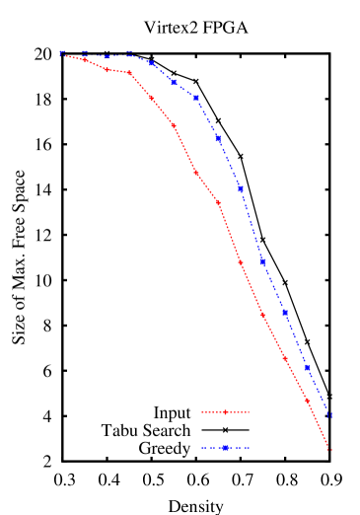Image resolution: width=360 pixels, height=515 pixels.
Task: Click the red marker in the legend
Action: coord(226,411)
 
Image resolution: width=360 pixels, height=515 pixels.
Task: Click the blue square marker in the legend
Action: coord(226,448)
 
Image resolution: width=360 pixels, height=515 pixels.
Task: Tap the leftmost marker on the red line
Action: coord(63,55)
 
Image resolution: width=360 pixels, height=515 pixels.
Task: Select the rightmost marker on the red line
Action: coord(329,449)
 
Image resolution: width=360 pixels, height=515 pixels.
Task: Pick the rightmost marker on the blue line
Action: coord(329,414)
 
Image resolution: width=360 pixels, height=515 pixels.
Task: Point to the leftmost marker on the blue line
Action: coord(63,53)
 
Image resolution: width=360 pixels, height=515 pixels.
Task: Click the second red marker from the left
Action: coord(85,60)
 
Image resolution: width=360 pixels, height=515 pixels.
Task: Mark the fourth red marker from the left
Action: coord(129,73)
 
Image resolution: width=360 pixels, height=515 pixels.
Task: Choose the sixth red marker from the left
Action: coord(174,126)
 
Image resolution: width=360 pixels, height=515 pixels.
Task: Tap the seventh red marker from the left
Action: coord(196,173)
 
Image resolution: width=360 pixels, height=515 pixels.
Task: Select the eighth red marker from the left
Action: coord(218,202)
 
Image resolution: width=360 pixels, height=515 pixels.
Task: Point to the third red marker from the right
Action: coord(285,358)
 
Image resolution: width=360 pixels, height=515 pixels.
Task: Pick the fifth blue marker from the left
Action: coord(151,64)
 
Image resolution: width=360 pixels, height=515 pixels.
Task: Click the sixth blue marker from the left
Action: coord(174,82)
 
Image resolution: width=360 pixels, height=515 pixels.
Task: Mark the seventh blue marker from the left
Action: coord(196,98)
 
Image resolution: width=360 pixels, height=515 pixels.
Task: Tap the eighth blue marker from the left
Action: coord(218,138)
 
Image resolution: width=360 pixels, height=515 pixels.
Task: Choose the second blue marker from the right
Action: coord(307,367)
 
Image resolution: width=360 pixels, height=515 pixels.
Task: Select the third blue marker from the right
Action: coord(285,312)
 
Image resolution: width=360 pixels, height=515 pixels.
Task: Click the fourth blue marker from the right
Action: coord(262,261)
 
